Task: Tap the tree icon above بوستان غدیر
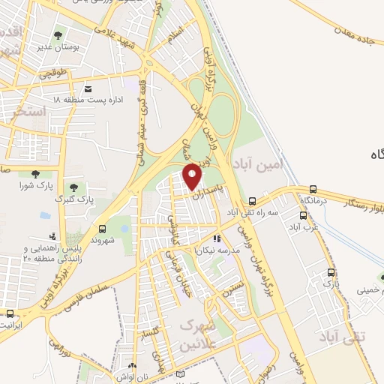pyautogui.click(x=57, y=34)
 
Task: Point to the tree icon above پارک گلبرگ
pyautogui.click(x=73, y=187)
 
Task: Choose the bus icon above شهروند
pyautogui.click(x=102, y=229)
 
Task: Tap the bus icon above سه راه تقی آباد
pyautogui.click(x=253, y=201)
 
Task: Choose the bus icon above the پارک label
pyautogui.click(x=330, y=272)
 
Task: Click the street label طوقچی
pyautogui.click(x=55, y=73)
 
